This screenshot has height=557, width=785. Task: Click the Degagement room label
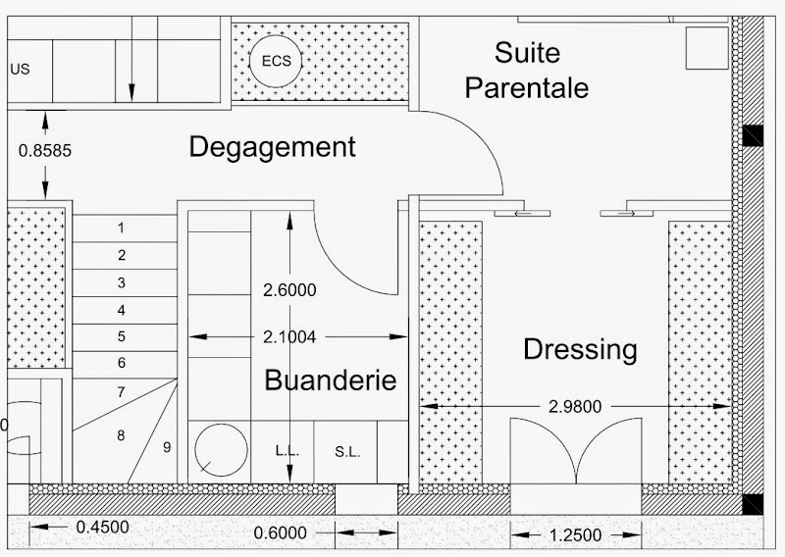tap(273, 148)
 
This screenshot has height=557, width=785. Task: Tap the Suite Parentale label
tap(527, 70)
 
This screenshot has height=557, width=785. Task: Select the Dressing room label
tap(580, 350)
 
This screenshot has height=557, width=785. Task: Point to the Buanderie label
tap(331, 380)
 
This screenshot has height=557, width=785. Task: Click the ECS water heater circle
tap(276, 61)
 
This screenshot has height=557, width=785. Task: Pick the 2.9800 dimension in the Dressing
tap(575, 406)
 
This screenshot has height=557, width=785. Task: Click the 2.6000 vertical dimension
tap(289, 290)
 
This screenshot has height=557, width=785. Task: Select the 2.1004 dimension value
tap(289, 337)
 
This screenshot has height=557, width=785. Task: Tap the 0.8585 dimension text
tap(45, 151)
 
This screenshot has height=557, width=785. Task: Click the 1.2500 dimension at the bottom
tap(575, 535)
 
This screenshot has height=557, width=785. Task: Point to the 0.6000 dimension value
tap(280, 533)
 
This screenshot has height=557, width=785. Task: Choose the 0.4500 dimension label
tap(103, 527)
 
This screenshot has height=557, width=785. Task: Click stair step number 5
tap(122, 336)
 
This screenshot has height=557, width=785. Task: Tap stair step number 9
tap(167, 447)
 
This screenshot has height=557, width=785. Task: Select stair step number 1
tap(121, 228)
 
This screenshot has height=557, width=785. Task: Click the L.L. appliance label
tap(287, 451)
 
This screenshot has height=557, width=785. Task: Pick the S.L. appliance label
tap(347, 452)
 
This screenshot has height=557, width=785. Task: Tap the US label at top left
tap(20, 70)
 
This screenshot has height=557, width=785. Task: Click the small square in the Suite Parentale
tap(706, 48)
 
